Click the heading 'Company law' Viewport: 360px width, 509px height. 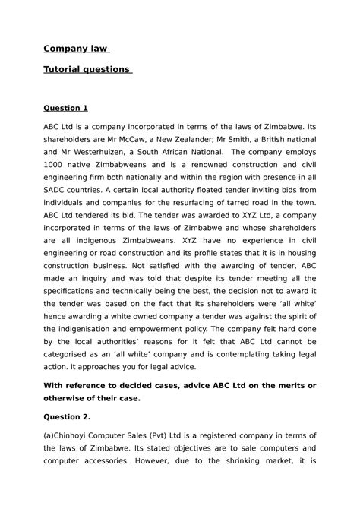point(76,49)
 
